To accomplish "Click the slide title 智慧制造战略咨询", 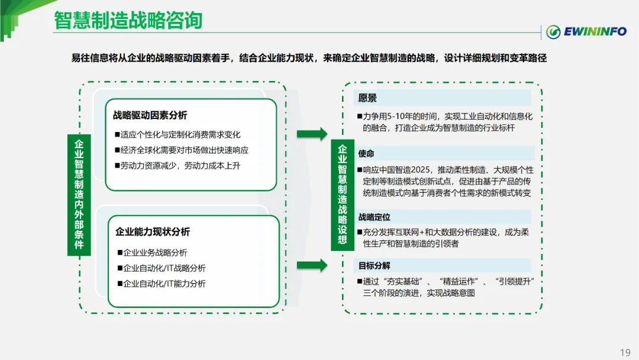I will coord(128,21).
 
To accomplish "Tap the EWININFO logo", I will coord(586,31).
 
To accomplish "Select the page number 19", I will coord(625,352).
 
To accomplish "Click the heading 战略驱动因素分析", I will coord(150,115).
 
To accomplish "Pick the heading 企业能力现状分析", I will coord(153,232).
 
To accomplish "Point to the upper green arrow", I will coord(311,133).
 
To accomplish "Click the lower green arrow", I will coord(311,265).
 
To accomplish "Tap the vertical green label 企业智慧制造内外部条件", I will coord(79,194).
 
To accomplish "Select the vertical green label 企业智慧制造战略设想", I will coord(343,194).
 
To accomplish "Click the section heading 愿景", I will coord(367,98).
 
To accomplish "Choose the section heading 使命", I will coord(366,153).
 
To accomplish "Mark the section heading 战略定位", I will coord(375,217).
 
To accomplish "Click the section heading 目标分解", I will coord(375,266).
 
